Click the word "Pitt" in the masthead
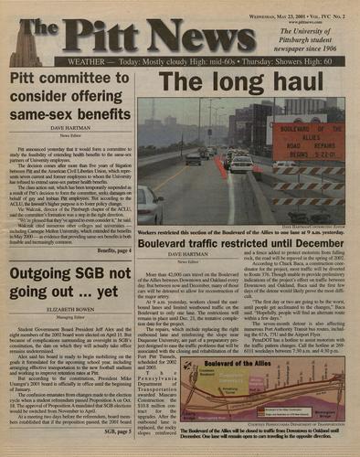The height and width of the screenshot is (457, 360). (111, 34)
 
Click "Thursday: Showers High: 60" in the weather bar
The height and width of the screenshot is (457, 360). (283, 62)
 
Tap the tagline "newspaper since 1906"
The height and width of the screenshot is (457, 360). (316, 46)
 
